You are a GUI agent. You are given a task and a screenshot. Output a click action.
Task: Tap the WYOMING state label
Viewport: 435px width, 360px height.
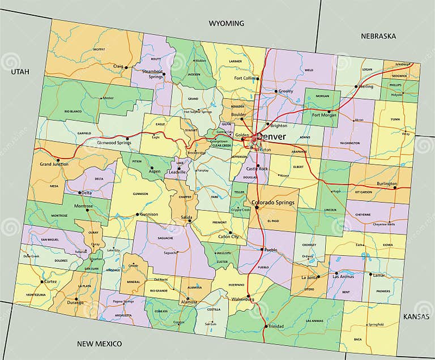226,23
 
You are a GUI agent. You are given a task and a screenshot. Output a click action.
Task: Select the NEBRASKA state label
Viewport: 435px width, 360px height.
378,36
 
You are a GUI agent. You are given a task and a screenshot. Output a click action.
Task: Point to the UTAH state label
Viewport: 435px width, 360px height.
19,72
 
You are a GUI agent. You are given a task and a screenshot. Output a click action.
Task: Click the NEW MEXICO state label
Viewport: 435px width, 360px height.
100,344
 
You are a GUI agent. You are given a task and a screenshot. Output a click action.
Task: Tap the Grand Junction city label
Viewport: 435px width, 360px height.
54,164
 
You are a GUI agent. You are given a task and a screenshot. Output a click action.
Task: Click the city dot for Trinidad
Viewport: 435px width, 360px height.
266,326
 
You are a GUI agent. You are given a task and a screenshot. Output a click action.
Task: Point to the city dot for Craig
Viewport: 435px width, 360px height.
126,67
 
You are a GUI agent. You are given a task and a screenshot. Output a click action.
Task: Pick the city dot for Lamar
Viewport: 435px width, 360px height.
370,275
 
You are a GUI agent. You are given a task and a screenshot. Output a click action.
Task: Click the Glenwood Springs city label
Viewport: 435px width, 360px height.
113,143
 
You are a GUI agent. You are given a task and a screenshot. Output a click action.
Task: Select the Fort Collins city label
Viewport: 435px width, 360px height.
245,78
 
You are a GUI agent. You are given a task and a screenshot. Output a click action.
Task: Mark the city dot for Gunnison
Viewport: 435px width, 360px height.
137,215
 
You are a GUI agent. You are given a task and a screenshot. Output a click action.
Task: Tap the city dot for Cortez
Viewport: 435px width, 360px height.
41,281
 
